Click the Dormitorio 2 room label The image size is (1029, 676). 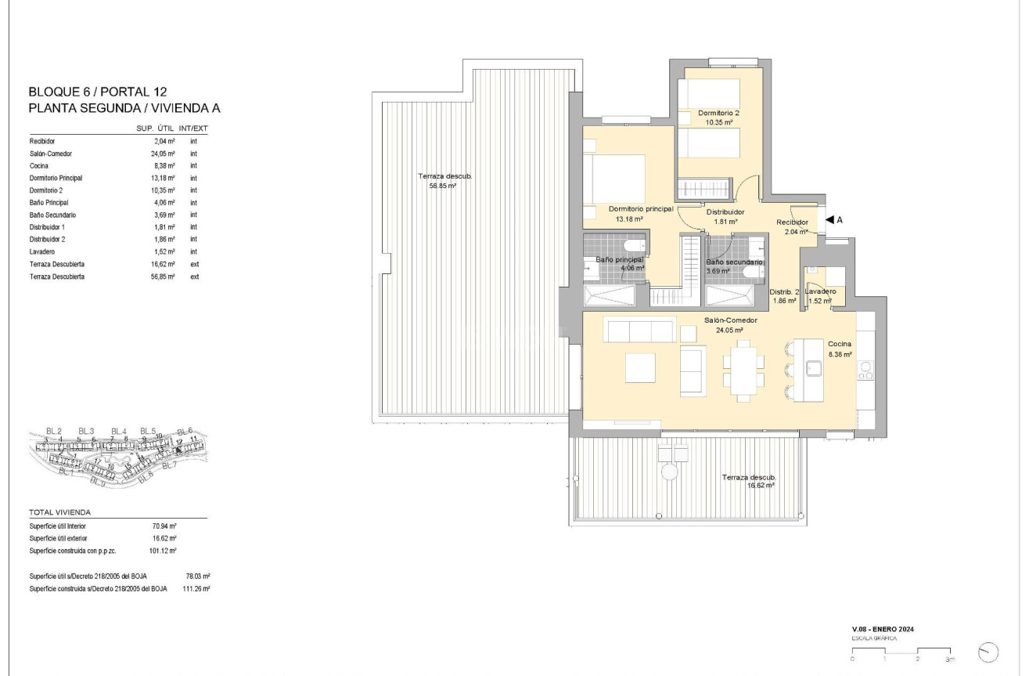[x=718, y=113]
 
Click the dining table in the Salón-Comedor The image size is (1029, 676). [x=742, y=371]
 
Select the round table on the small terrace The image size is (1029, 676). [x=670, y=472]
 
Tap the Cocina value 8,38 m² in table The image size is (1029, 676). [x=164, y=165]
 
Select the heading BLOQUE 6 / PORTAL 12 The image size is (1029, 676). [x=98, y=92]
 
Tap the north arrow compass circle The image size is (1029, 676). [x=989, y=652]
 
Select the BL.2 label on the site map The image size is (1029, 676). [x=53, y=431]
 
